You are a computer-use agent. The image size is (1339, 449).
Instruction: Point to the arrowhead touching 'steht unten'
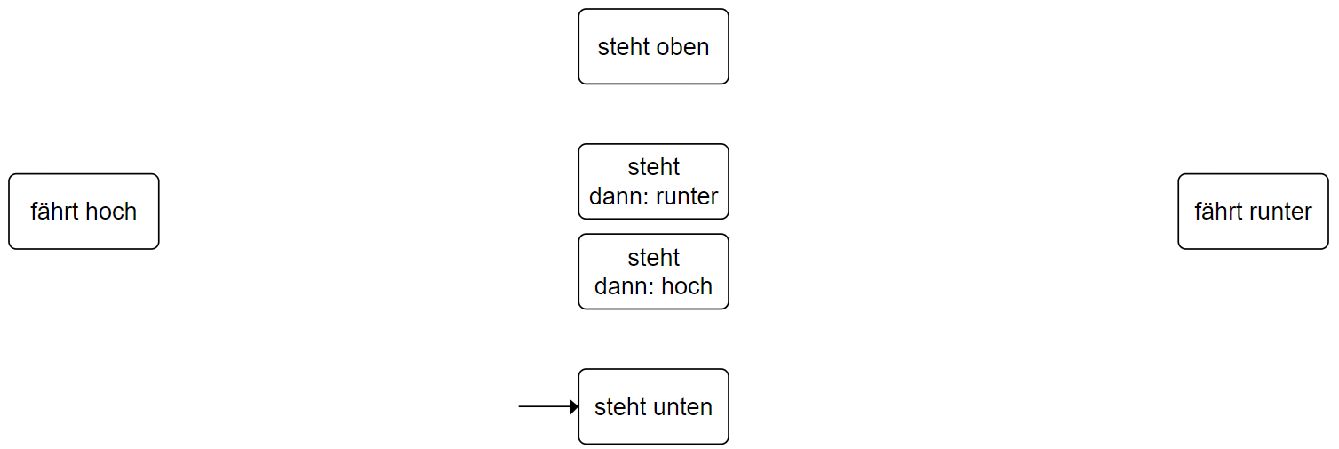pos(574,406)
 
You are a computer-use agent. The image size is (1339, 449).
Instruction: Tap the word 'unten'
pos(683,407)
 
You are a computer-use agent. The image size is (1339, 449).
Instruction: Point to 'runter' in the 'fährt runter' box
pos(1280,212)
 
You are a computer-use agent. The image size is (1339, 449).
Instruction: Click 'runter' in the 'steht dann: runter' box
pos(686,196)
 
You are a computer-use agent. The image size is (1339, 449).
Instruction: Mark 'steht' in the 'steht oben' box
pos(622,47)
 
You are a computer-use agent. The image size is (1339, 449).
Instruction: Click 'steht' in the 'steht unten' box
pos(619,407)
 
